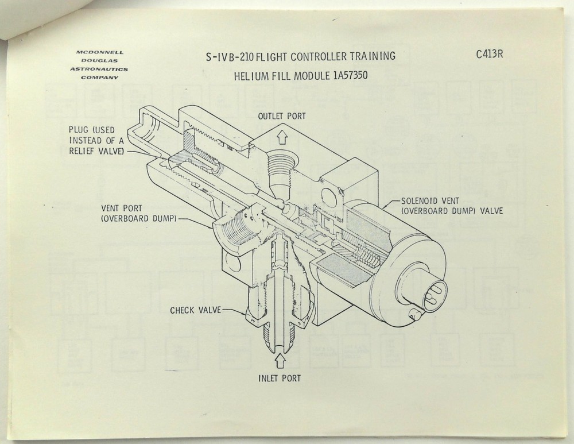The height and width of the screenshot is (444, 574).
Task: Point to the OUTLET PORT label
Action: (281, 116)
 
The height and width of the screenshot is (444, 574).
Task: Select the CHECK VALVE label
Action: (195, 311)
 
